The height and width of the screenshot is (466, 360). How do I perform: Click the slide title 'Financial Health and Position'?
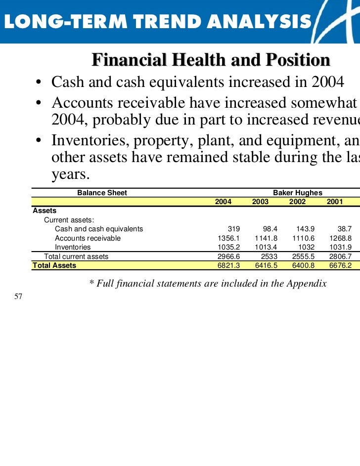tap(211, 60)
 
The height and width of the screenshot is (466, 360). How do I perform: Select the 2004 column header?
tap(223, 202)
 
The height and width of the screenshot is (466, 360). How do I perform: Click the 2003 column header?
tap(260, 202)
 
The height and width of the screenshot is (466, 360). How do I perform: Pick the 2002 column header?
tap(297, 202)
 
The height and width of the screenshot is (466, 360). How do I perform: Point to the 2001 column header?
tap(334, 202)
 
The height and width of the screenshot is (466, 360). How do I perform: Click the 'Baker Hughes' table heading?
tap(298, 193)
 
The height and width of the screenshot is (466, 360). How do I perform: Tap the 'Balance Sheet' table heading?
tap(102, 193)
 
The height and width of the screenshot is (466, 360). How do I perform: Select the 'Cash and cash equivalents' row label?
tap(99, 229)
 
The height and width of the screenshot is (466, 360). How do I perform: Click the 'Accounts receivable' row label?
tap(88, 238)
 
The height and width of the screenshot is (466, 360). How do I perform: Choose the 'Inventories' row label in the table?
tap(73, 247)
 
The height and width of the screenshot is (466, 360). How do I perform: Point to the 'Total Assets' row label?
tap(54, 265)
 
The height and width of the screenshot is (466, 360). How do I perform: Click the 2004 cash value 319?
tap(233, 229)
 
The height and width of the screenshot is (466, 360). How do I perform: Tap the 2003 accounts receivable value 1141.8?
tap(266, 238)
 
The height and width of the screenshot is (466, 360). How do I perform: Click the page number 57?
tap(19, 297)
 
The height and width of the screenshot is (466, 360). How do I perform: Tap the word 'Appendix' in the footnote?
tap(307, 284)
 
